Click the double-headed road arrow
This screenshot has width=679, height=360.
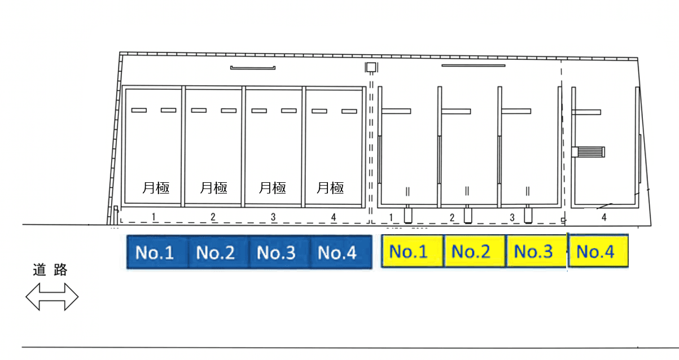point(52,297)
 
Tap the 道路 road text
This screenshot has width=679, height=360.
point(50,270)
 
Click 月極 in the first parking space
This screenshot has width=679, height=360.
point(156,188)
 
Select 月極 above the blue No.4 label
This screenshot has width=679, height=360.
point(330,188)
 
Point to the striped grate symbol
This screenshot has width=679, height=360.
point(588,152)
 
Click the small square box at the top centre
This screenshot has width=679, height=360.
point(371,67)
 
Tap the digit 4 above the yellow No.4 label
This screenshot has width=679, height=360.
point(604,217)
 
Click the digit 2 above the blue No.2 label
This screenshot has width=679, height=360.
point(213,217)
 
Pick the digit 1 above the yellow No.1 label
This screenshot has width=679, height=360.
point(391,218)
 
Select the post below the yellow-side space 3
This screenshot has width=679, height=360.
point(528,214)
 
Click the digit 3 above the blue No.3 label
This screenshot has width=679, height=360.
point(273,217)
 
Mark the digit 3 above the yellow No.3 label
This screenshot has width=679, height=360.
point(512,218)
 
